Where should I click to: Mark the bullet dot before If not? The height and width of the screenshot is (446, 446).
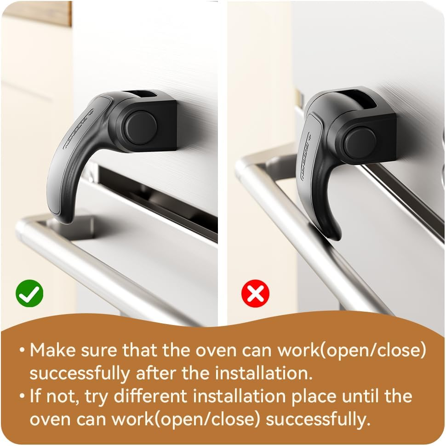point(22,397)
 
